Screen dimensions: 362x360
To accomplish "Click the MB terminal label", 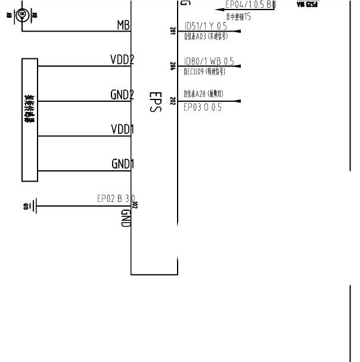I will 123,25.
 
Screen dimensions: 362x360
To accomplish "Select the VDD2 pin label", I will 122,60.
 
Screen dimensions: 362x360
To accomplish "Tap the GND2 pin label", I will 122,95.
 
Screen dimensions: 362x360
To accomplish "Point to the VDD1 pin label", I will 122,130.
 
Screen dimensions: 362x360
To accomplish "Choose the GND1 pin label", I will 122,164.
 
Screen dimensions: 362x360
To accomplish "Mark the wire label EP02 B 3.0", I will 116,198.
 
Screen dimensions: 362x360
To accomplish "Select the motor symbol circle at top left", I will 22,13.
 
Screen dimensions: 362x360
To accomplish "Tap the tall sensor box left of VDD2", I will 30,119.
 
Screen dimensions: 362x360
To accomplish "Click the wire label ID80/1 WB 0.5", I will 209,61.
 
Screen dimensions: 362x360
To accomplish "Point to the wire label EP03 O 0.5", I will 203,108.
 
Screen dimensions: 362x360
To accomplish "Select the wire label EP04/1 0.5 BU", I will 250,5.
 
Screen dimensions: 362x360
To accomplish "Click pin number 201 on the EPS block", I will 173,30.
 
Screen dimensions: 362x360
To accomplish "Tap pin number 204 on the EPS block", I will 173,66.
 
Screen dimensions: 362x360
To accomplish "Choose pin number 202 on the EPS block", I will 173,101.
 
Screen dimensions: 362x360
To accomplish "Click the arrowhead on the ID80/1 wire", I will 237,66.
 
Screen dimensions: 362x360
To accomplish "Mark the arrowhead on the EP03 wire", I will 237,101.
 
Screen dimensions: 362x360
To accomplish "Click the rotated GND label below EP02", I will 126,217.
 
